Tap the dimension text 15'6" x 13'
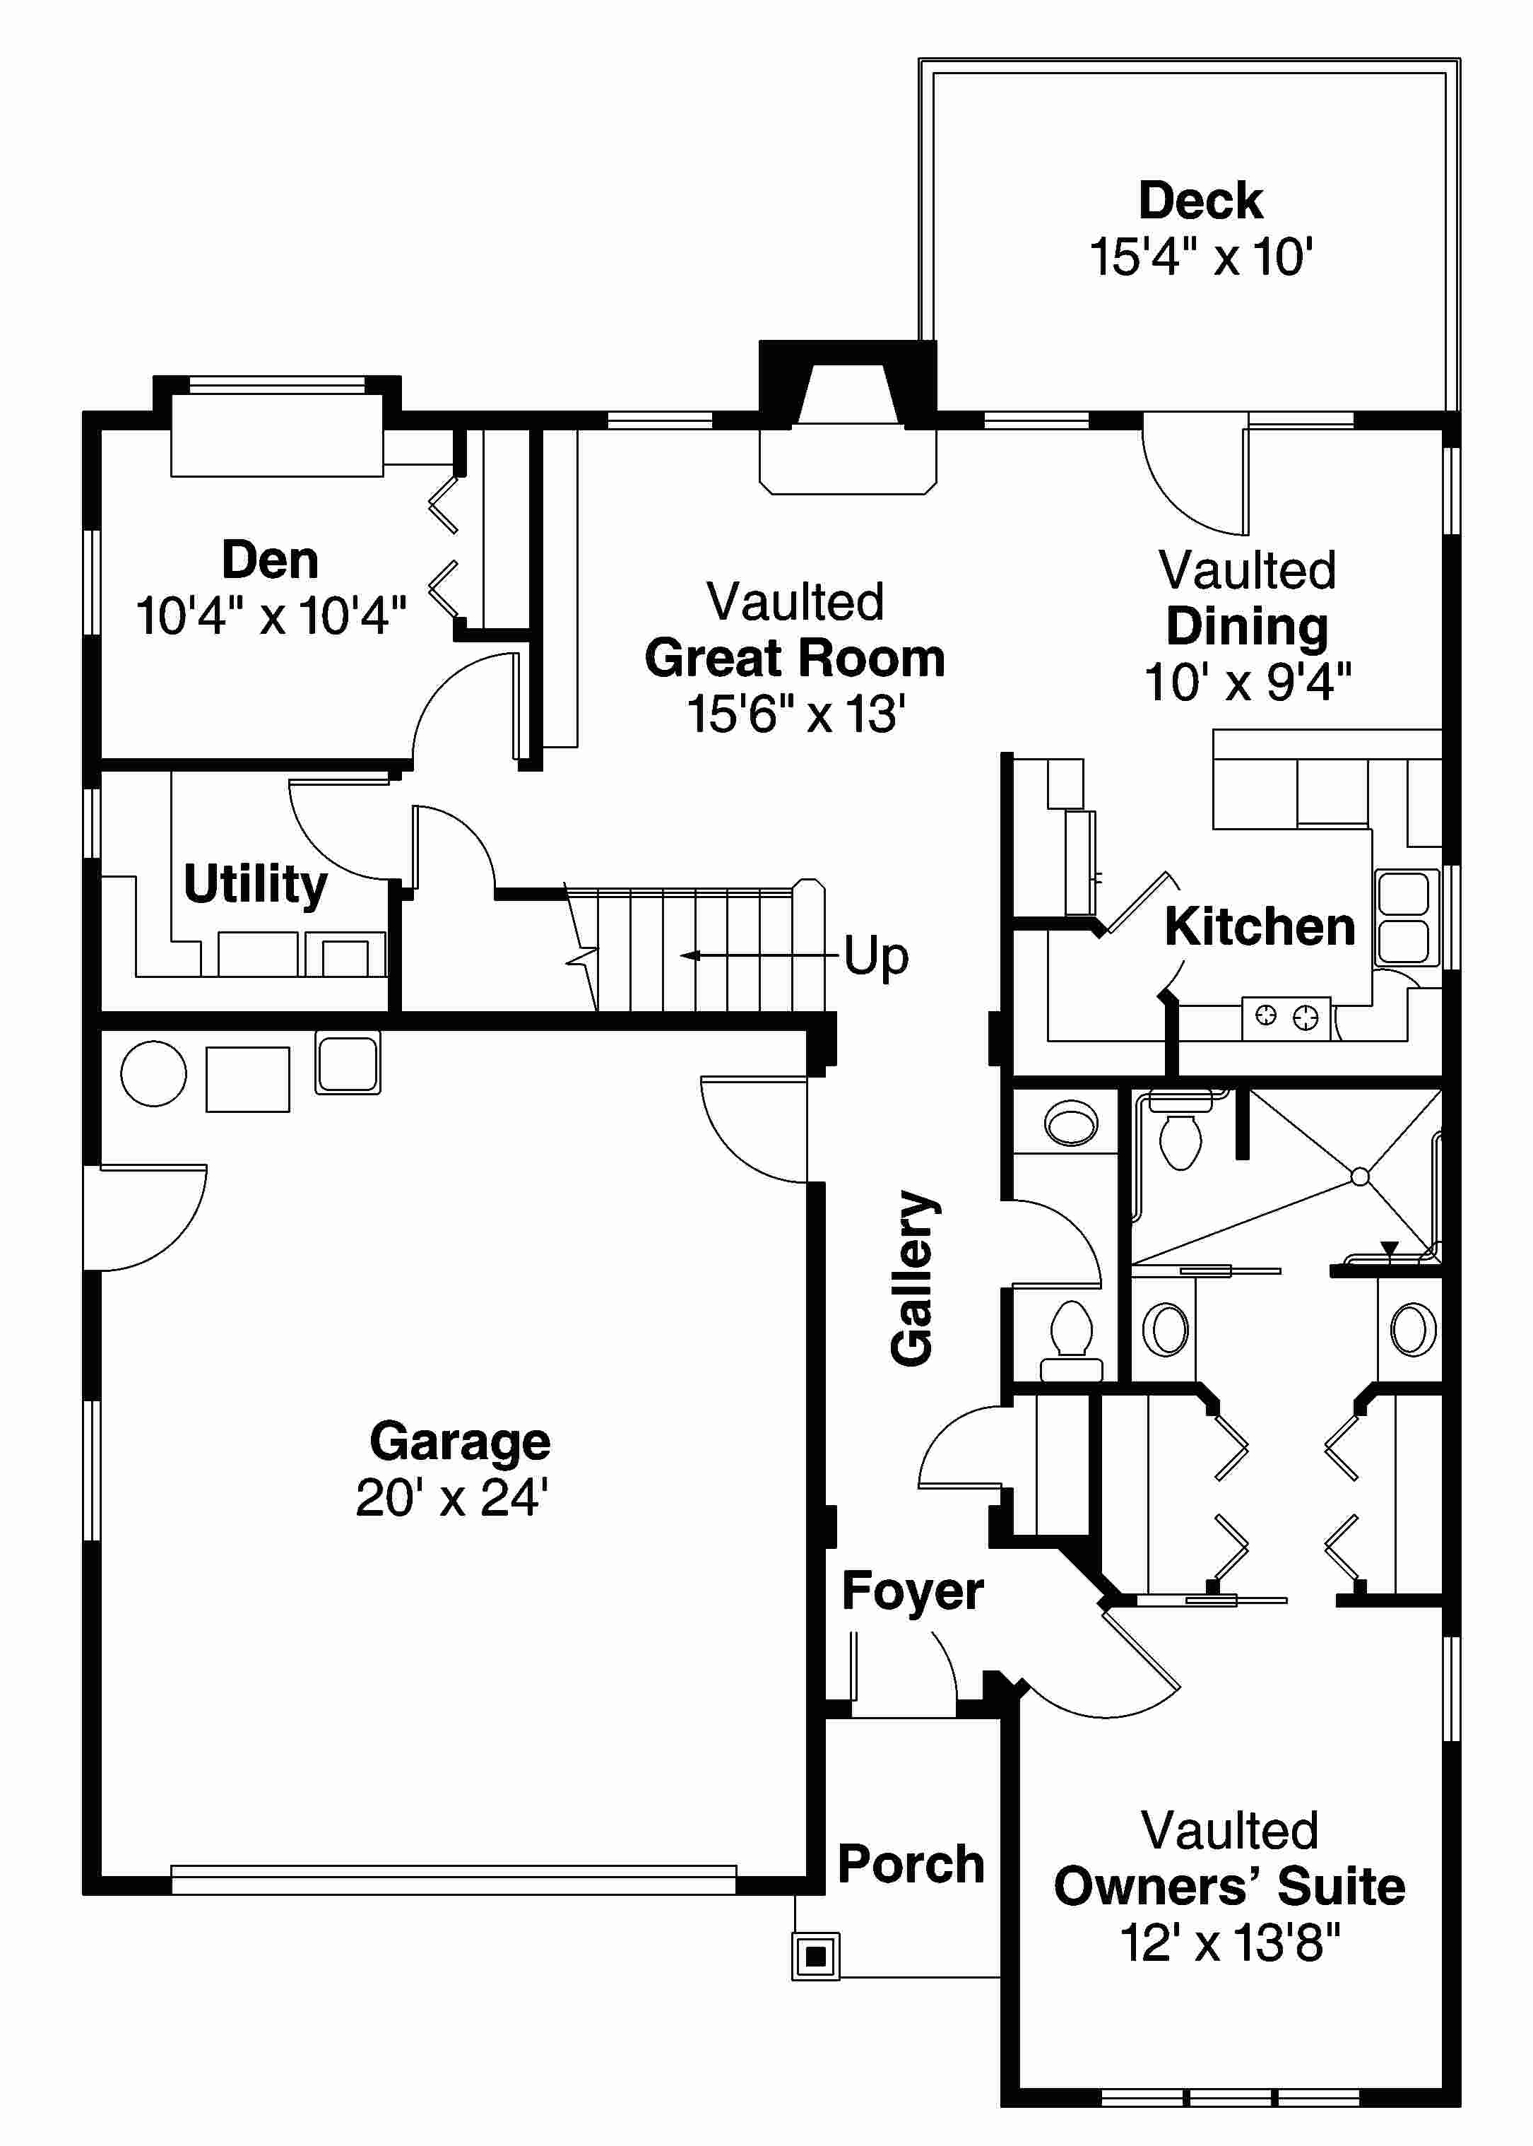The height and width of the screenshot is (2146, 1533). (x=795, y=714)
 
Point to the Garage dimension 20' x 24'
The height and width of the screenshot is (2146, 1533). (x=452, y=1497)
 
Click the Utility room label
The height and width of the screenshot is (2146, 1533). (x=255, y=884)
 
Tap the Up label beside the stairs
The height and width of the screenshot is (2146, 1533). (x=875, y=956)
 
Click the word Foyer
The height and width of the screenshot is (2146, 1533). (x=912, y=1590)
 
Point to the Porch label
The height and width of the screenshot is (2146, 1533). (x=911, y=1864)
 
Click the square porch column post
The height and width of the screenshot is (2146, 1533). (x=815, y=1957)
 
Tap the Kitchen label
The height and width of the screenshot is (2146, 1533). (x=1259, y=926)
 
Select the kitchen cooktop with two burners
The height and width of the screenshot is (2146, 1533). (x=1286, y=1017)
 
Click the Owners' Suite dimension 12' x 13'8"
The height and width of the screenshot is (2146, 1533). (x=1229, y=1943)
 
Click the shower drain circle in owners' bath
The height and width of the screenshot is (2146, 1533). (x=1359, y=1177)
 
